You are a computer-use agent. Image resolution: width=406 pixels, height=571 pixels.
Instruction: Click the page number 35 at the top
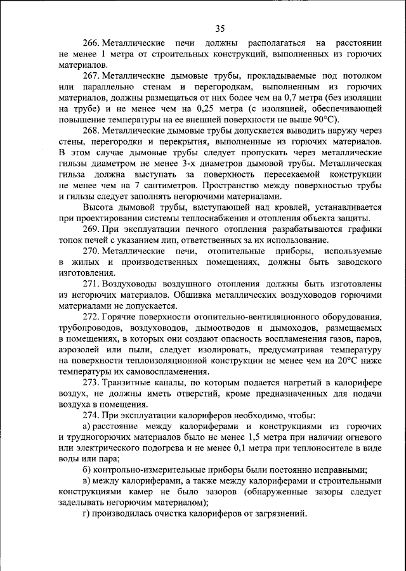pyautogui.click(x=220, y=28)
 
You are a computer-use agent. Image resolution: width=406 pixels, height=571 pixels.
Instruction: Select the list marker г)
pyautogui.click(x=86, y=514)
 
